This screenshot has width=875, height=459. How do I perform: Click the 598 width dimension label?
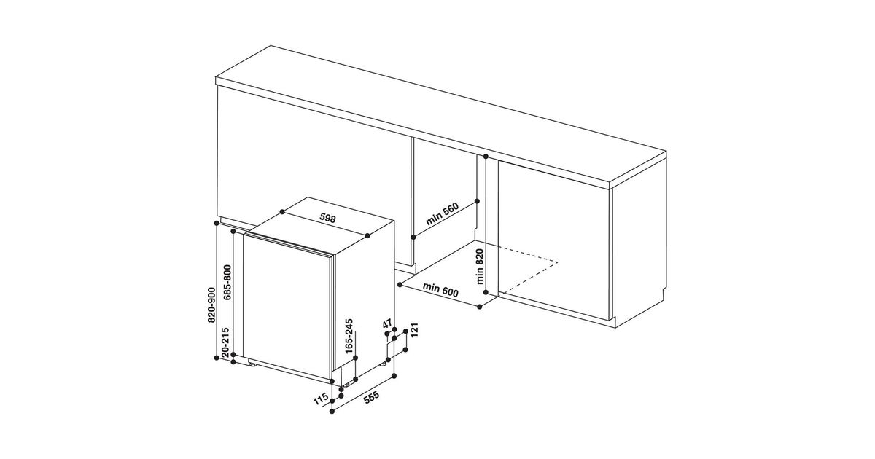tap(327, 218)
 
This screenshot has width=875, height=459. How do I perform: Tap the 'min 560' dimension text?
tap(442, 214)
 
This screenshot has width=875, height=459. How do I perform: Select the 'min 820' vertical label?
tap(480, 267)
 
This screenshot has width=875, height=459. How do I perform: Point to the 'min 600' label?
tap(440, 290)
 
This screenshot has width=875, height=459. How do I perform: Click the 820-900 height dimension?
tap(211, 305)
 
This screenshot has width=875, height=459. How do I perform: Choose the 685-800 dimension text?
tap(227, 283)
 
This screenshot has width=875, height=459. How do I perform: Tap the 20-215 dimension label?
tap(226, 342)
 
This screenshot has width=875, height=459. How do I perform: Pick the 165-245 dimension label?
tap(349, 336)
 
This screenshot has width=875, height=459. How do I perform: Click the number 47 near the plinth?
tap(387, 324)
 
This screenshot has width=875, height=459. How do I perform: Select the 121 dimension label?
tap(414, 330)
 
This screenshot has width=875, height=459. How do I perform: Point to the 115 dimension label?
tap(321, 399)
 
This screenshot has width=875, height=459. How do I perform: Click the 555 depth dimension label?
tap(371, 397)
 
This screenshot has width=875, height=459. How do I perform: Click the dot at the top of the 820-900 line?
tap(217, 223)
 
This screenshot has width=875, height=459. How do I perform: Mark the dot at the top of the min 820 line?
tap(486, 157)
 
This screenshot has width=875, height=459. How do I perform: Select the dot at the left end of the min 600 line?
tap(400, 285)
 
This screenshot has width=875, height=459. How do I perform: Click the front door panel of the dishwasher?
tap(288, 307)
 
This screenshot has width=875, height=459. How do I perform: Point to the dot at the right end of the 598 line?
tap(367, 236)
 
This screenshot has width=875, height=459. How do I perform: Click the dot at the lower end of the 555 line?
tap(332, 411)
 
